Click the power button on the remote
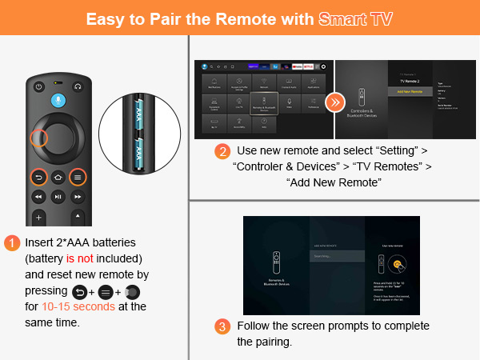37,86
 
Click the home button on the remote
58,177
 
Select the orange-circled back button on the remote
37,177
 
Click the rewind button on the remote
37,196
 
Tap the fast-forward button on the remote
78,196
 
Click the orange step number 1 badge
12,242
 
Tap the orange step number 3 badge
222,326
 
